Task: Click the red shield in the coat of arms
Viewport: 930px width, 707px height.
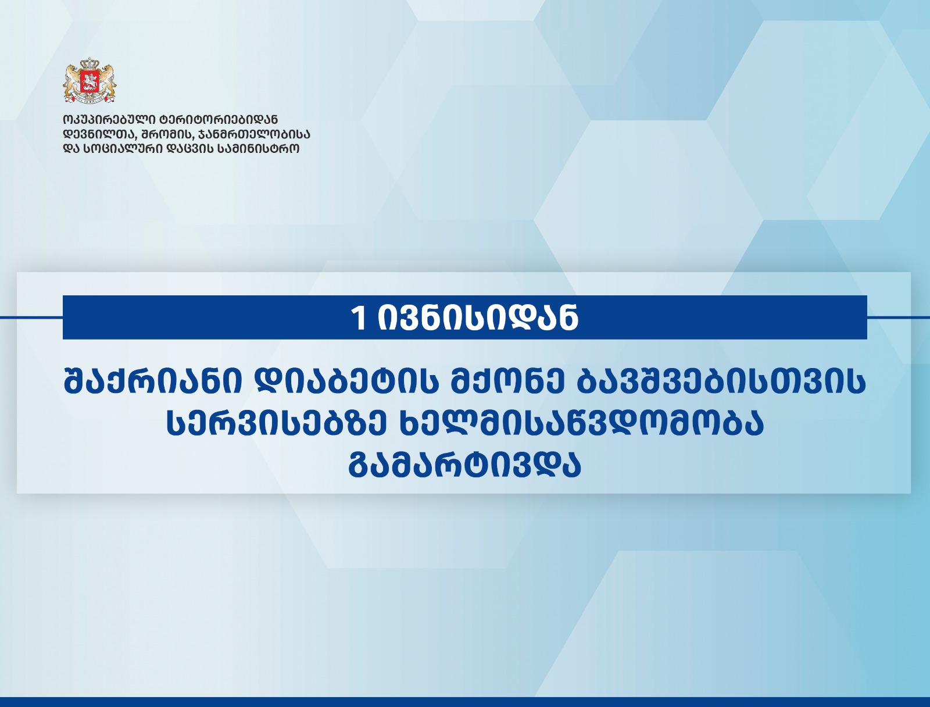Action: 90,81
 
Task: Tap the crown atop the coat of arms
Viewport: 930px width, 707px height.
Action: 90,65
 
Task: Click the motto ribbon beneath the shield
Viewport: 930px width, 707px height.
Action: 90,99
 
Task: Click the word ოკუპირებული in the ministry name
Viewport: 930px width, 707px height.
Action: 109,120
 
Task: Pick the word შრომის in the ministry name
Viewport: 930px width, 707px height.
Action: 168,135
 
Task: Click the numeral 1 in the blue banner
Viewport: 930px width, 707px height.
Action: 358,318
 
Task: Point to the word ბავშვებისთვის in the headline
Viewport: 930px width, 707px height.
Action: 715,383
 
